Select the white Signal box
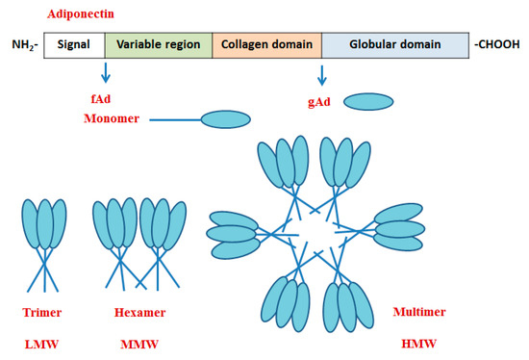[x=73, y=44]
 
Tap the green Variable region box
[x=157, y=44]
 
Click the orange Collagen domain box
[x=265, y=44]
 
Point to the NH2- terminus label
[x=25, y=45]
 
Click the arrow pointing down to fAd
[x=105, y=74]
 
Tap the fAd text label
[x=104, y=98]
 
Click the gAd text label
[x=315, y=99]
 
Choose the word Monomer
[x=113, y=118]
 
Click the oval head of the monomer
[x=230, y=119]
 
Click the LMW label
[x=41, y=343]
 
